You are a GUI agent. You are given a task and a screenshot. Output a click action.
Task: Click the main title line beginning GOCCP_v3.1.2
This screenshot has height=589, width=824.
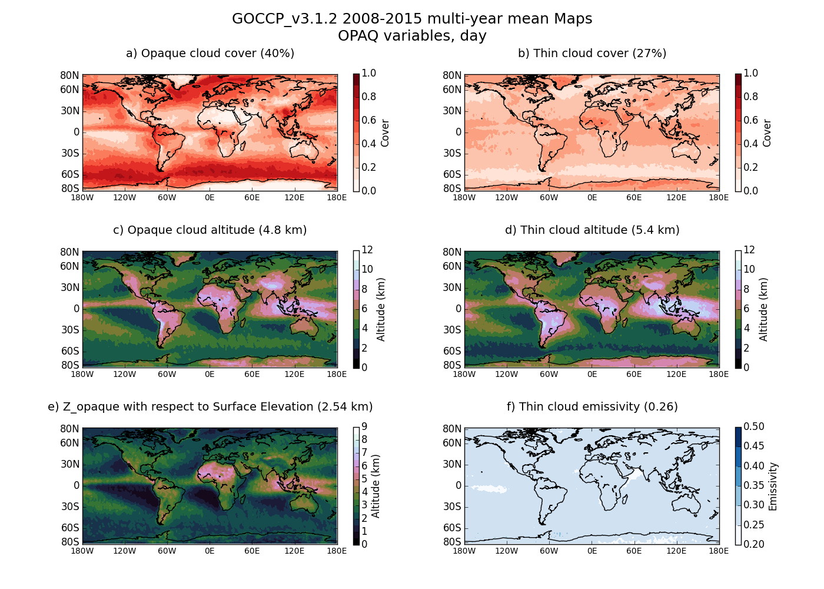click(412, 19)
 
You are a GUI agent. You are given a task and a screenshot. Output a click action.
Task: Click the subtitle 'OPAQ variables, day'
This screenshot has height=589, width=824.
click(412, 36)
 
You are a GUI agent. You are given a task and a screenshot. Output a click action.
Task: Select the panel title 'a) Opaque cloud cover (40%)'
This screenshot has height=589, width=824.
click(210, 54)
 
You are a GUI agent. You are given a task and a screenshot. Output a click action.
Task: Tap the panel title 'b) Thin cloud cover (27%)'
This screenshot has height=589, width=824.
click(592, 54)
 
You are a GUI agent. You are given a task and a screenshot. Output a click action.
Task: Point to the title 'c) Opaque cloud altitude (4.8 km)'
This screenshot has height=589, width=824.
click(210, 230)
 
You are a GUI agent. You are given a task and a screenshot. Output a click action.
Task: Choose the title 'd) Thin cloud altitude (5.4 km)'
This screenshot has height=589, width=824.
click(592, 230)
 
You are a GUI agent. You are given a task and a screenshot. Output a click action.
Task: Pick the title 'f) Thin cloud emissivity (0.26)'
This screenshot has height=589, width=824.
click(592, 407)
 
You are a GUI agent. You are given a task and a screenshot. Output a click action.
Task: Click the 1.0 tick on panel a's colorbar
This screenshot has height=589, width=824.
click(369, 74)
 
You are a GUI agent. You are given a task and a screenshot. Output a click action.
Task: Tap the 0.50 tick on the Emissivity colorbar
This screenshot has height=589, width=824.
click(754, 427)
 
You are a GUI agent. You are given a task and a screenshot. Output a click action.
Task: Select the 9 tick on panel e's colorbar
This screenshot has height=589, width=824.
click(365, 427)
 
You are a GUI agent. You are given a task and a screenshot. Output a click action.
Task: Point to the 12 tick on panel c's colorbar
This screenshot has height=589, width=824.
click(367, 250)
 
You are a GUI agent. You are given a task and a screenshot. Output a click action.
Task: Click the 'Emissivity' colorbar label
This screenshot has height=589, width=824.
click(773, 486)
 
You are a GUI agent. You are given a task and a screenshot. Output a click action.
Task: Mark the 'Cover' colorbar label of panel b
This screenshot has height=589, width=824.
click(767, 133)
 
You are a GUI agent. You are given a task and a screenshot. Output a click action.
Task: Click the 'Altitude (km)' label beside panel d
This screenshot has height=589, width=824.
click(764, 309)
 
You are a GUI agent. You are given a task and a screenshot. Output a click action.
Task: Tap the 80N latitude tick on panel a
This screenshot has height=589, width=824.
click(69, 75)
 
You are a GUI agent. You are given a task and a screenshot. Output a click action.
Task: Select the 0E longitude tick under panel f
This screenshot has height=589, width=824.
click(592, 551)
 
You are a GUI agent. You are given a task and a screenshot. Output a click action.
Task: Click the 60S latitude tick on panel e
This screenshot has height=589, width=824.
click(69, 528)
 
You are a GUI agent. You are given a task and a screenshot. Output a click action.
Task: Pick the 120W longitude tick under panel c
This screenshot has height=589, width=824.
click(125, 374)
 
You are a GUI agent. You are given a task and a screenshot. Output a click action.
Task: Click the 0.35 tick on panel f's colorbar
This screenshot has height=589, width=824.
click(754, 486)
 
